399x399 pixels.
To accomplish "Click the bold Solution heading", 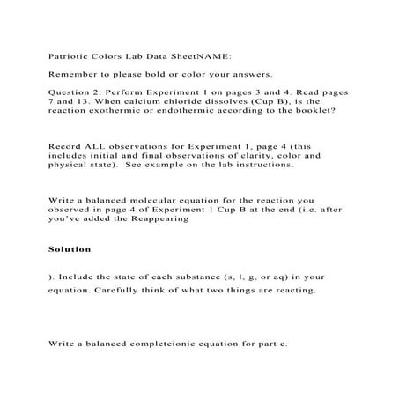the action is [x=70, y=249].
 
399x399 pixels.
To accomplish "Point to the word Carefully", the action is [x=130, y=290].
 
